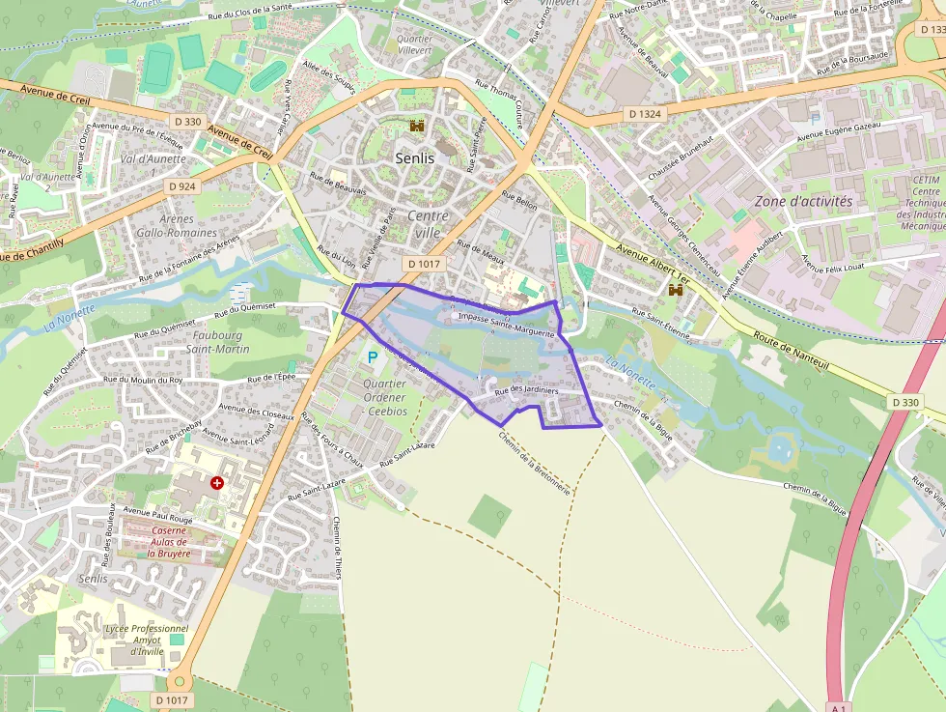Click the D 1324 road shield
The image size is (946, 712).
pyautogui.click(x=645, y=114)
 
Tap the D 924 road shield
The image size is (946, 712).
pyautogui.click(x=181, y=185)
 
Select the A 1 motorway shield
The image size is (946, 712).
pyautogui.click(x=837, y=707)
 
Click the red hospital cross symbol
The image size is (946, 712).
pyautogui.click(x=217, y=482)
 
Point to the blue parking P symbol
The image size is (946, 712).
pyautogui.click(x=372, y=357)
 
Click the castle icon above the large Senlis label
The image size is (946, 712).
pyautogui.click(x=417, y=126)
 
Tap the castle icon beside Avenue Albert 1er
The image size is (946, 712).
pyautogui.click(x=676, y=289)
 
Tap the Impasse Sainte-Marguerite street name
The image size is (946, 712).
pyautogui.click(x=506, y=324)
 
